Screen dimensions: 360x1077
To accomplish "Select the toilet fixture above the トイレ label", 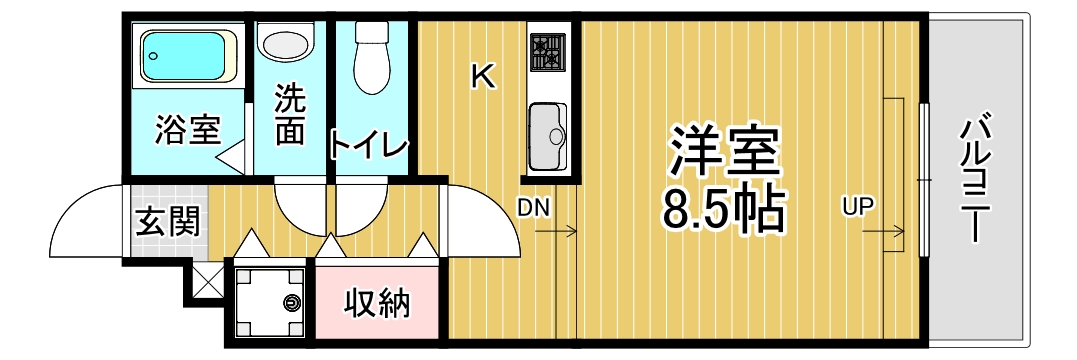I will [373, 57].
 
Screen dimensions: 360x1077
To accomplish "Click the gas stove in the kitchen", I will [548, 51].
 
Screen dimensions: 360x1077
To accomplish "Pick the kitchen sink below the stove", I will [547, 136].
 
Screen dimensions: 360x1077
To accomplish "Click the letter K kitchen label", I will [483, 76].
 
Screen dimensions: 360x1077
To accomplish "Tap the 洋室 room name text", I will [723, 152].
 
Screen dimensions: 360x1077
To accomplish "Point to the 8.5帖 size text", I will [723, 207].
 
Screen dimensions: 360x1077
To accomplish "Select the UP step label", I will [857, 207].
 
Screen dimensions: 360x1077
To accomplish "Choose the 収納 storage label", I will [377, 303].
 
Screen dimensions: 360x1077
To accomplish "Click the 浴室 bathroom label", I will [187, 130].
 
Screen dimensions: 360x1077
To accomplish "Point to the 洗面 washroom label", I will [289, 116].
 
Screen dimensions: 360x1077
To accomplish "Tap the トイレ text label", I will [369, 146].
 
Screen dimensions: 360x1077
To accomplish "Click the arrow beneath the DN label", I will [556, 233].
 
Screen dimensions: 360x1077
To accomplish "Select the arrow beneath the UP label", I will [880, 233].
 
